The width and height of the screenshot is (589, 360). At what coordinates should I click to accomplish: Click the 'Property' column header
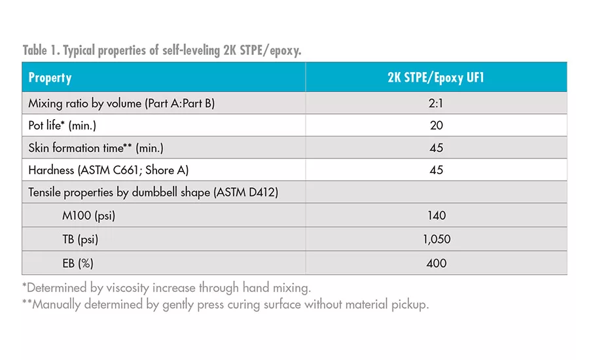50,77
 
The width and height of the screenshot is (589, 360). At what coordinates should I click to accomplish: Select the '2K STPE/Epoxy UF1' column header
436,77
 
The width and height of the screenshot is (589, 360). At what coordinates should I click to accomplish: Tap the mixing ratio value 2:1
436,103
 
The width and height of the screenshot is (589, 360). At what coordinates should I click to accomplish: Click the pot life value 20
436,126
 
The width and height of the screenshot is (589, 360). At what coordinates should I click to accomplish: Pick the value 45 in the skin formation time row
436,148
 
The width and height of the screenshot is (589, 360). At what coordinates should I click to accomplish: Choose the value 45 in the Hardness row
436,170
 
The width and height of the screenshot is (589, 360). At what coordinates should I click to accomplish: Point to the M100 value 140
436,215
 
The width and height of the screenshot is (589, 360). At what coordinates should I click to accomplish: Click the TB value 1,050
436,240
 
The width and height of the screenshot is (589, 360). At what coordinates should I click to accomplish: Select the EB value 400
436,263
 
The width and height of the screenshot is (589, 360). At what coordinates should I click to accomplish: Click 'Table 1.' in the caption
41,50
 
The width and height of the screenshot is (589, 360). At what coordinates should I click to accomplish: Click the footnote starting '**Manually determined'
225,304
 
